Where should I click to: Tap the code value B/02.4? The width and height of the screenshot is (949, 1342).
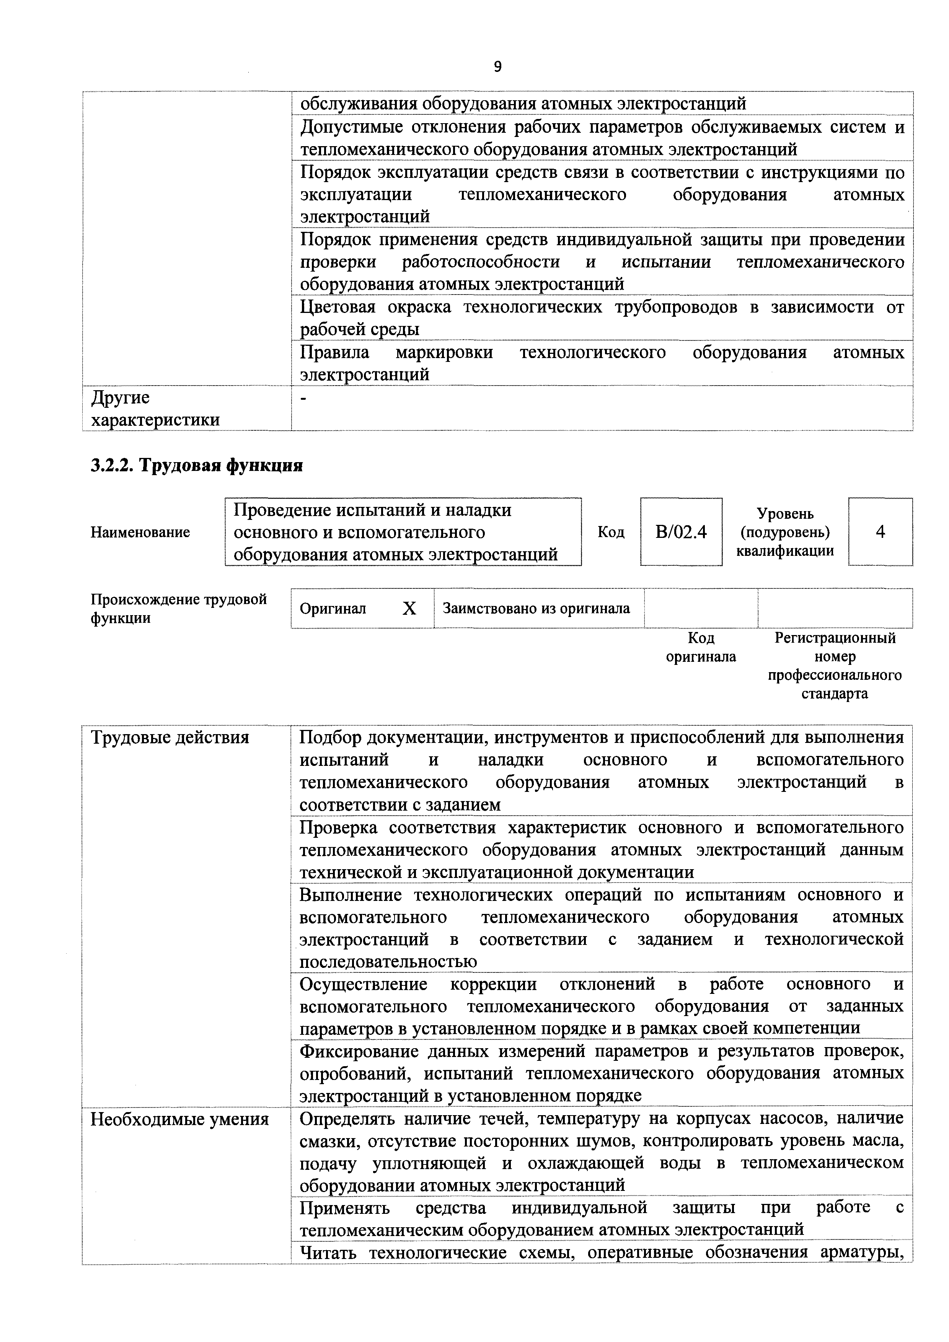click(681, 532)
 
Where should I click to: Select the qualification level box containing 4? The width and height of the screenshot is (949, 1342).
click(880, 532)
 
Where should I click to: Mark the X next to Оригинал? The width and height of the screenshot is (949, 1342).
click(409, 609)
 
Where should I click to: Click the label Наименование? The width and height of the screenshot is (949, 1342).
click(140, 532)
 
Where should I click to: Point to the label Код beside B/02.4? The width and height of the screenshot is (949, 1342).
click(611, 532)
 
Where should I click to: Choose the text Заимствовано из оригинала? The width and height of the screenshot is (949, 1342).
click(536, 609)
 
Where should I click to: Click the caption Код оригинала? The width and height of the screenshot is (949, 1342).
click(701, 647)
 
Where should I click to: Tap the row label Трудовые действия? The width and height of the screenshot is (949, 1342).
click(170, 738)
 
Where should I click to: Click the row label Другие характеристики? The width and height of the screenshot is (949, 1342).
click(155, 409)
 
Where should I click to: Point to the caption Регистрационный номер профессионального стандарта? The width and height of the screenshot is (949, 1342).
click(835, 665)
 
